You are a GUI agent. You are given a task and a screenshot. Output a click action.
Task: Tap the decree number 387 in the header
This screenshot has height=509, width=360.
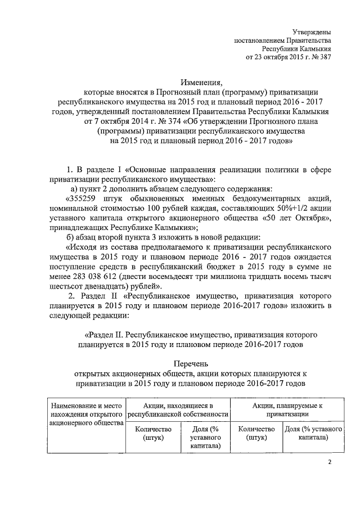point(324,57)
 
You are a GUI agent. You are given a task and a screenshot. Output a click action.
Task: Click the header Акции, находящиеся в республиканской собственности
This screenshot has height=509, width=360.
point(178,409)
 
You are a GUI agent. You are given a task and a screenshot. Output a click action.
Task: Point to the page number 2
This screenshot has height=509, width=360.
point(330,462)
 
